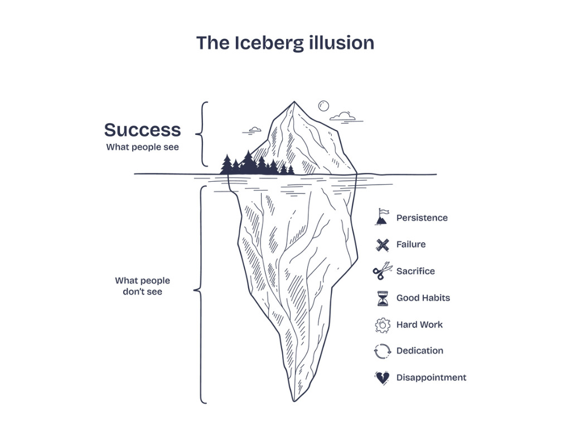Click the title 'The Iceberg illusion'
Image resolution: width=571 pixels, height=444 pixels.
pyautogui.click(x=285, y=43)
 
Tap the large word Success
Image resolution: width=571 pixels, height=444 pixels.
pyautogui.click(x=142, y=130)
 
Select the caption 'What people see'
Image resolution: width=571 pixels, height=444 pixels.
pyautogui.click(x=142, y=148)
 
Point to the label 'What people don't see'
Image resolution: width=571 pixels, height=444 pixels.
pyautogui.click(x=142, y=286)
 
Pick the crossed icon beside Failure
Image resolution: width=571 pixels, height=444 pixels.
pyautogui.click(x=382, y=244)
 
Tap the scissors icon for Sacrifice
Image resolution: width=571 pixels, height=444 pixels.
pyautogui.click(x=382, y=272)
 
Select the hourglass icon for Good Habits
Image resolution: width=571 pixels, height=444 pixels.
pyautogui.click(x=382, y=298)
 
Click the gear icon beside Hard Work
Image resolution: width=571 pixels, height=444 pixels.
pyautogui.click(x=383, y=325)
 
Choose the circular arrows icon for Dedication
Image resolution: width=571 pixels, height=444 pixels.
pyautogui.click(x=382, y=351)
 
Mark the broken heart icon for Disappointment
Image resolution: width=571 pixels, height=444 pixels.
pyautogui.click(x=382, y=378)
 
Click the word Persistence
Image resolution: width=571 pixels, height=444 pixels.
pyautogui.click(x=422, y=218)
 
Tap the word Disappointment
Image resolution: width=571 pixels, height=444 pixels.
pyautogui.click(x=431, y=378)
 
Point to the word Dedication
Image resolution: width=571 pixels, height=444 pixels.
pyautogui.click(x=420, y=351)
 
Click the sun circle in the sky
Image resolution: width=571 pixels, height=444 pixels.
pyautogui.click(x=323, y=105)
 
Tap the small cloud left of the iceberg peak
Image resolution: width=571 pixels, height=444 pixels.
pyautogui.click(x=254, y=130)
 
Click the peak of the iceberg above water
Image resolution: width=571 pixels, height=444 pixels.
pyautogui.click(x=294, y=103)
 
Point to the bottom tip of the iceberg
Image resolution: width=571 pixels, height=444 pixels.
pyautogui.click(x=294, y=400)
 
